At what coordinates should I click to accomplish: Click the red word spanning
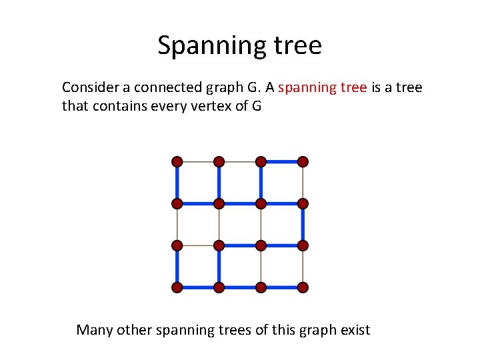[303, 87]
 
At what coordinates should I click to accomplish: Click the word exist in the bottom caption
[355, 329]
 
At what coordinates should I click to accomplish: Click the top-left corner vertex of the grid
[177, 161]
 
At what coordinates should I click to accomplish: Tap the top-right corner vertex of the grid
[303, 161]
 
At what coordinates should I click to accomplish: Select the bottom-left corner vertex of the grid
[177, 287]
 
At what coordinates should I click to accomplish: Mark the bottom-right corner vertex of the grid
[303, 287]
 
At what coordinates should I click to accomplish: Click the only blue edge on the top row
[281, 161]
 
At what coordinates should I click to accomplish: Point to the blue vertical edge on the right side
[303, 224]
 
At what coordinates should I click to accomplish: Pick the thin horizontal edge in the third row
[198, 245]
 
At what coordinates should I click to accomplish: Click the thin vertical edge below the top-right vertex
[303, 182]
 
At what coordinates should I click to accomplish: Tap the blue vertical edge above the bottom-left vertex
[177, 267]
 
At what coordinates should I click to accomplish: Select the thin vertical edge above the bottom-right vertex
[303, 267]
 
